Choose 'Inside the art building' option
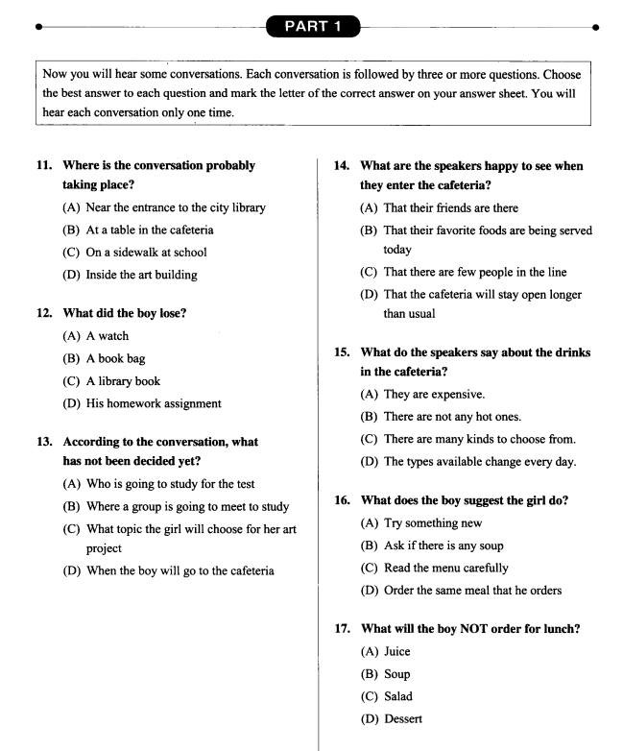143,275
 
